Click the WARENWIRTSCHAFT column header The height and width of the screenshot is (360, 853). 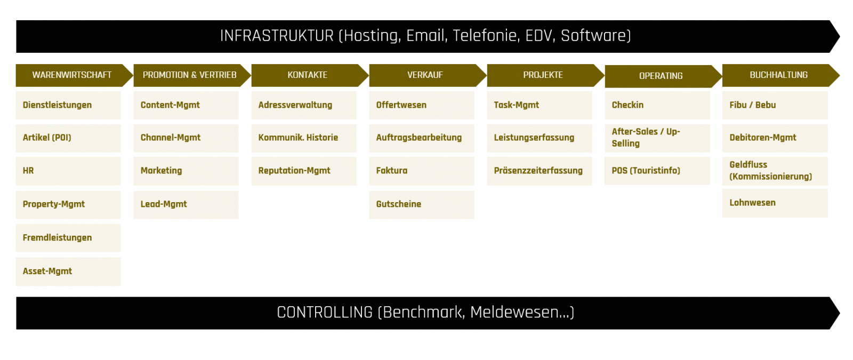click(73, 75)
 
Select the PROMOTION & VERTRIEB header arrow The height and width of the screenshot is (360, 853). click(190, 75)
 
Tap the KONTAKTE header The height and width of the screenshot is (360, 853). click(308, 75)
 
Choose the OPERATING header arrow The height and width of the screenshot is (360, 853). click(662, 76)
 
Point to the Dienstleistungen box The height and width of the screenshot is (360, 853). click(68, 105)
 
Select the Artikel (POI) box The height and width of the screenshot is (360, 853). click(68, 138)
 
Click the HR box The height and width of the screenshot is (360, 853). click(68, 171)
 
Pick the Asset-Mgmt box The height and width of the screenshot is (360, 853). click(68, 271)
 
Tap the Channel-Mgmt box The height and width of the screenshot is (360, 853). click(186, 138)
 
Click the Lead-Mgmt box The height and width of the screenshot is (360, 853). click(186, 205)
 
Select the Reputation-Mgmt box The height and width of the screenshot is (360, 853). click(304, 171)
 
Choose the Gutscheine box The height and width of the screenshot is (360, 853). click(422, 205)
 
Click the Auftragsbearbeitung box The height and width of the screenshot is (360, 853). click(422, 138)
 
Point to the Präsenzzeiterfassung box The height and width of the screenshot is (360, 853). click(540, 171)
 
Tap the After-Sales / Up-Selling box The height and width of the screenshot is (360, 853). click(657, 138)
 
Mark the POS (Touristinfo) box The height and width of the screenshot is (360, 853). click(657, 171)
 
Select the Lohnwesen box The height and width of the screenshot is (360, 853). click(775, 203)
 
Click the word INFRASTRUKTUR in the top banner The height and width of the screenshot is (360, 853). click(277, 36)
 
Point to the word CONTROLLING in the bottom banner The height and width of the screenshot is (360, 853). click(325, 313)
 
